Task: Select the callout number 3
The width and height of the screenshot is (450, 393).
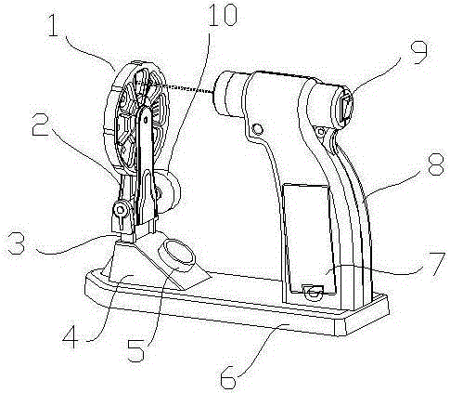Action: point(16,243)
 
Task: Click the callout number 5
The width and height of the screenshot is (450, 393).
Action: point(136,350)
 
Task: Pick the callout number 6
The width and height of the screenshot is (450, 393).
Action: point(228,377)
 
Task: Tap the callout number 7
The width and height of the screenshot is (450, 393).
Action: point(437,264)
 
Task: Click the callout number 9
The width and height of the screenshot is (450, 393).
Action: point(419,53)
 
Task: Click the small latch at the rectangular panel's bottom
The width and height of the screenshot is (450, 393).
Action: point(314,292)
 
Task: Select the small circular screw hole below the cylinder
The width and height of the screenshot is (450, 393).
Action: point(257,129)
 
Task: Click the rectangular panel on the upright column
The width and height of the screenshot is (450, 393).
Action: point(309,239)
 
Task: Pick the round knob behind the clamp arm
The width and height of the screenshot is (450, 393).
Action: point(169,191)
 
